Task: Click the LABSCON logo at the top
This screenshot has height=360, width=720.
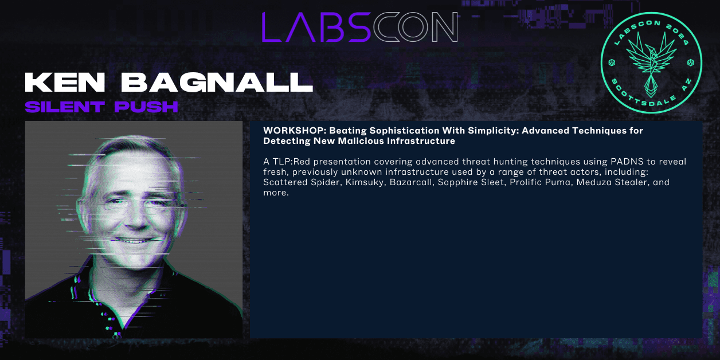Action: point(359,27)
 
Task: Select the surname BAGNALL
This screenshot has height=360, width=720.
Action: point(218,83)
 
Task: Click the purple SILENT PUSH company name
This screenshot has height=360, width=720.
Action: point(101,107)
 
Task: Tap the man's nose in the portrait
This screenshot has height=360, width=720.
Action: point(130,215)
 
